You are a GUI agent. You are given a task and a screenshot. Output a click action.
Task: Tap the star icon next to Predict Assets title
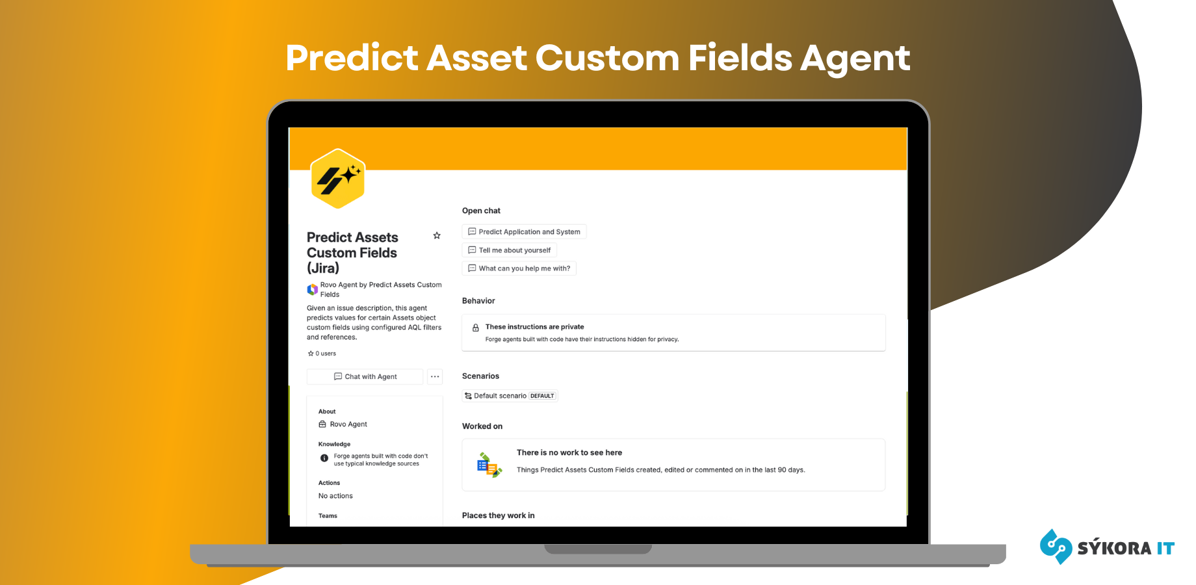point(437,235)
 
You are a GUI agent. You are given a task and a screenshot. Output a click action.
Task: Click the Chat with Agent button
point(365,377)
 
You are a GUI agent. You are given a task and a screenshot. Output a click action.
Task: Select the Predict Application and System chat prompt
point(524,232)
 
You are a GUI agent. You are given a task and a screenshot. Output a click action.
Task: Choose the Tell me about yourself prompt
point(509,250)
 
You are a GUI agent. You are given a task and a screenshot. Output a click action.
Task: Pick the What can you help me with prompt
point(519,268)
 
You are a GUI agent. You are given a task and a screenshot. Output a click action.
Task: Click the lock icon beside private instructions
point(476,328)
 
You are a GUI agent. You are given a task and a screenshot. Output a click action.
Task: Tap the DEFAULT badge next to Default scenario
point(542,396)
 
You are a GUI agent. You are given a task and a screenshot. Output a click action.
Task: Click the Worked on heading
point(482,426)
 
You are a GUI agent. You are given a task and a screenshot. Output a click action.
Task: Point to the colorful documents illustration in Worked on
point(489,465)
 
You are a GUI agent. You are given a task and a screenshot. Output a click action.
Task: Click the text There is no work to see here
point(569,453)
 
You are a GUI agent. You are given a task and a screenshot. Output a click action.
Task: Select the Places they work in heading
point(499,515)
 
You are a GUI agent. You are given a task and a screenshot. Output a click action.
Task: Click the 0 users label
point(322,354)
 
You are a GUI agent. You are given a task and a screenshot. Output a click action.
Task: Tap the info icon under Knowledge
point(324,458)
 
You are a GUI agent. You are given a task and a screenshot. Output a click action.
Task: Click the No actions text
point(335,496)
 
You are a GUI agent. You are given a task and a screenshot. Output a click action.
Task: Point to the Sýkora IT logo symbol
point(1056,546)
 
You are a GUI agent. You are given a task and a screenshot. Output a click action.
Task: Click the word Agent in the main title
point(855,58)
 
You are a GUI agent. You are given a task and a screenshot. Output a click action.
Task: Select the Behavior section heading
point(478,301)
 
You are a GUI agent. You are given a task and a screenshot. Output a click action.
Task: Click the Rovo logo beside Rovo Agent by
point(313,289)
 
